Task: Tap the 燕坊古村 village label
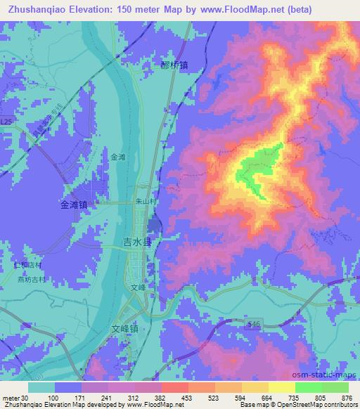[32, 278]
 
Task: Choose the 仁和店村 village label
[29, 266]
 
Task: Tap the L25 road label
[6, 122]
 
